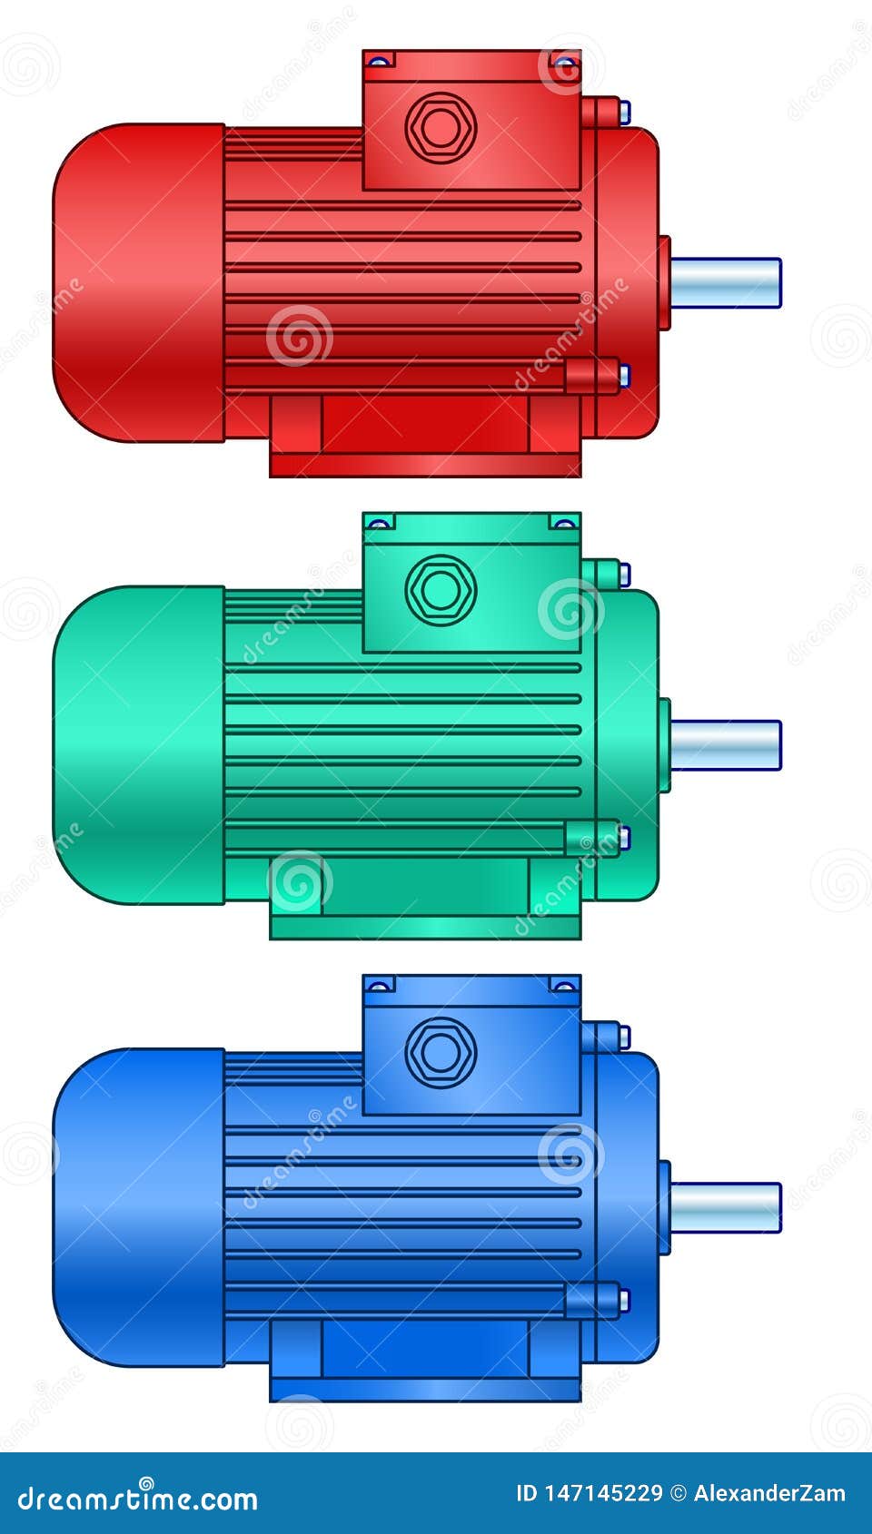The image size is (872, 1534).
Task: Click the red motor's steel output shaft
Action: point(726,282)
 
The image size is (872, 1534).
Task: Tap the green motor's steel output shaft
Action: point(726,745)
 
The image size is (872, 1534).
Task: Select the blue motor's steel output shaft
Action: point(726,1207)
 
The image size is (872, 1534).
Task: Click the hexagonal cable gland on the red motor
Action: point(440,128)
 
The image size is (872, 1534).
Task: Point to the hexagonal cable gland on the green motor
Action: point(440,590)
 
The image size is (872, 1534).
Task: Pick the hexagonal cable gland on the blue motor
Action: point(440,1053)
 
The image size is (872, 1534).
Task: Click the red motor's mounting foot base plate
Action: point(425,466)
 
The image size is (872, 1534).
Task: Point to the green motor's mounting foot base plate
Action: point(425,928)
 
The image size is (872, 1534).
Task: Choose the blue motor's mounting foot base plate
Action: point(425,1390)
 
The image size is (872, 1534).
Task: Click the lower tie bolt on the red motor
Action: point(595,375)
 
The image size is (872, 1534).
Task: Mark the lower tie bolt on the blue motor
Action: point(595,1300)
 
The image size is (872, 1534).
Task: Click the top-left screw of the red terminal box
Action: point(380,62)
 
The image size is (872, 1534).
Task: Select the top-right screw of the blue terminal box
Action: point(564,986)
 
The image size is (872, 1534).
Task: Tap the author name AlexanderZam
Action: point(769,1493)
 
